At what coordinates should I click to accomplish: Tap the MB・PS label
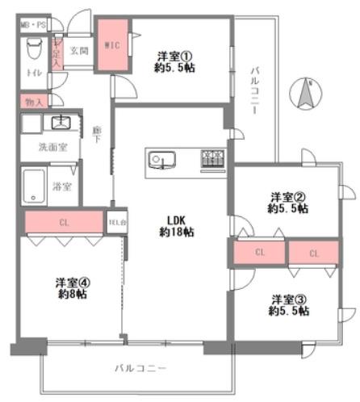point(32,25)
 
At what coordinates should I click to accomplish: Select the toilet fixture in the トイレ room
point(31,51)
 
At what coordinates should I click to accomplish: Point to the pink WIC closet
point(111,46)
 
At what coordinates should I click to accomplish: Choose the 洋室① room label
point(175,57)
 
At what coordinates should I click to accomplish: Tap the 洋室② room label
point(289,196)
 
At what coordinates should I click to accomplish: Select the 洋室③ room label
point(289,298)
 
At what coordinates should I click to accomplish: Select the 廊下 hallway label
point(96,134)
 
